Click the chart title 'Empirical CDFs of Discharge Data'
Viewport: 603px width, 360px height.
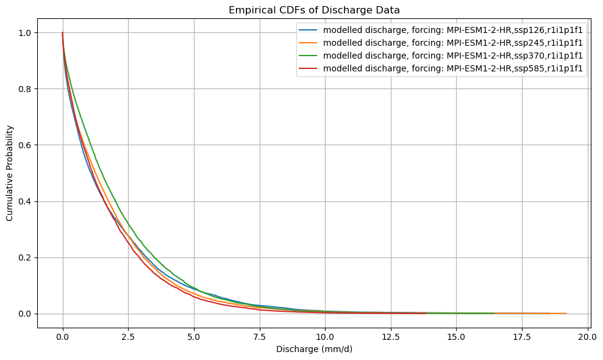pos(313,10)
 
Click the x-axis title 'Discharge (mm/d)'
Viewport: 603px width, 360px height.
pos(313,350)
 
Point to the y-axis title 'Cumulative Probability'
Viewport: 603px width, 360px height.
pos(10,173)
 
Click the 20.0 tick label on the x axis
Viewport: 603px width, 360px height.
pos(588,336)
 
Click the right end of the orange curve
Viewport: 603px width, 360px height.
pos(566,313)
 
